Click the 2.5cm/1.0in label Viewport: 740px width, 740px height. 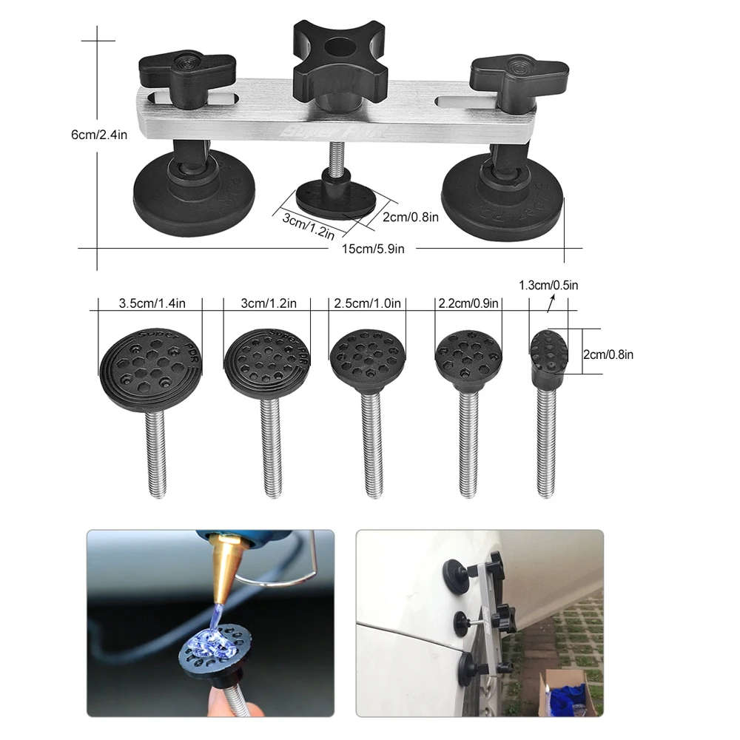(x=367, y=303)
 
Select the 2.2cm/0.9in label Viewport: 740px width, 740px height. (x=468, y=303)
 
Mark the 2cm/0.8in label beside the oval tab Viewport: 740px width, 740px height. (x=608, y=354)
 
